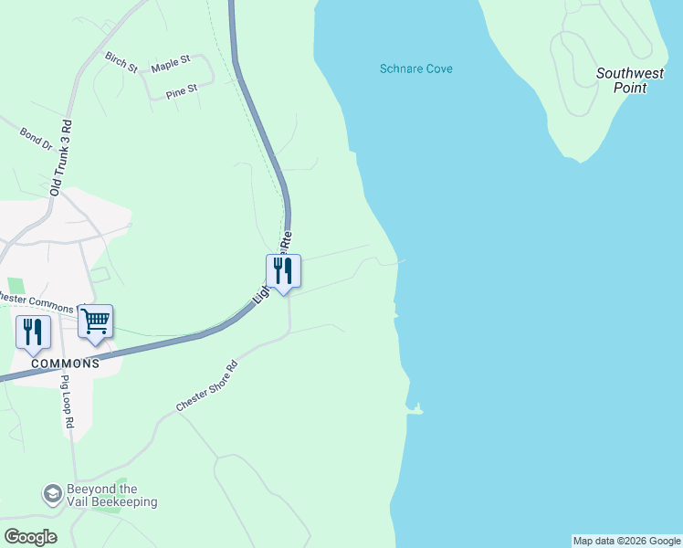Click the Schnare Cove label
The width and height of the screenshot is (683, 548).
[x=415, y=68]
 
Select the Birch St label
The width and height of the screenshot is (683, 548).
[x=121, y=62]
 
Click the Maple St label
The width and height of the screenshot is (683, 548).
[x=171, y=63]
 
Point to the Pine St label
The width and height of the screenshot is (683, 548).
[x=182, y=90]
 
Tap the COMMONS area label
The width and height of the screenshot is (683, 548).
[x=64, y=364]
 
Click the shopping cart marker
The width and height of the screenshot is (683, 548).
[x=95, y=321]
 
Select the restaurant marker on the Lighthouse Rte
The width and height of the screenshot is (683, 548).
[x=283, y=271]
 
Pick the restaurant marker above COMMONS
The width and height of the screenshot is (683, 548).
[x=33, y=332]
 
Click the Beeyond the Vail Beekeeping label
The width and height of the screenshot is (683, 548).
[x=112, y=495]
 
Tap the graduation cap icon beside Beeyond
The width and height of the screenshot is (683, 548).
[x=53, y=494]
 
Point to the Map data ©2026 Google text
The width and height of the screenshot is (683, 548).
[x=626, y=541]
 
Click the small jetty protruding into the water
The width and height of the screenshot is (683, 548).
[x=416, y=410]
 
